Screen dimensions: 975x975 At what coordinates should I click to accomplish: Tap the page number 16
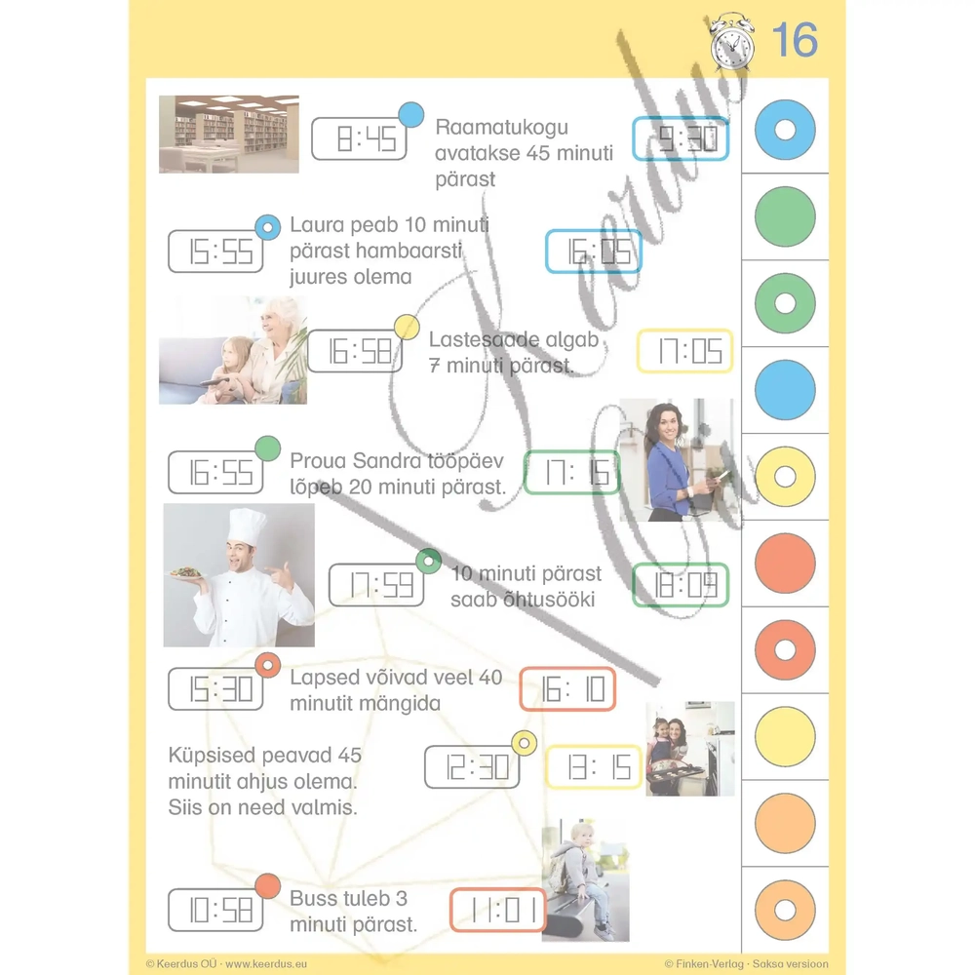click(795, 40)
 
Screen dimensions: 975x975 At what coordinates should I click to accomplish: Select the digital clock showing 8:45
click(359, 138)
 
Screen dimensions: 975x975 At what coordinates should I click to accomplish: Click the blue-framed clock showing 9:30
click(681, 138)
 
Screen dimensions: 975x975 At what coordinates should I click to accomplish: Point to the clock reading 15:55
click(215, 252)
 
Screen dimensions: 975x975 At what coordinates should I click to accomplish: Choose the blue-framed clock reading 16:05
click(594, 252)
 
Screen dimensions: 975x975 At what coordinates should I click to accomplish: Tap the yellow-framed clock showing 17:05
click(685, 351)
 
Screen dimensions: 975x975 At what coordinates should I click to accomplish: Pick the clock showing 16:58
click(355, 351)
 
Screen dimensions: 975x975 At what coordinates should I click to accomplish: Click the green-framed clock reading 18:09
click(681, 585)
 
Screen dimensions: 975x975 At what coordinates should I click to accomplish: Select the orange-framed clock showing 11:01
click(498, 911)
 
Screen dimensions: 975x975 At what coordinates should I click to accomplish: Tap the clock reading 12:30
click(473, 766)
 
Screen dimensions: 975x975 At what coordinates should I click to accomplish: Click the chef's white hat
click(247, 527)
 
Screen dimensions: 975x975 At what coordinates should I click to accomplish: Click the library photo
click(229, 135)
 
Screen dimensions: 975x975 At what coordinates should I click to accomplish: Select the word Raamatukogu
click(502, 127)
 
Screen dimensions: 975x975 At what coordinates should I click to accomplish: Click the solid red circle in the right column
click(785, 564)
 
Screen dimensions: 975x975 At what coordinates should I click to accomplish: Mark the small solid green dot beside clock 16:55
click(268, 448)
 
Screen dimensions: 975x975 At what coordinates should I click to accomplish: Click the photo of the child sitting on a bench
click(586, 879)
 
